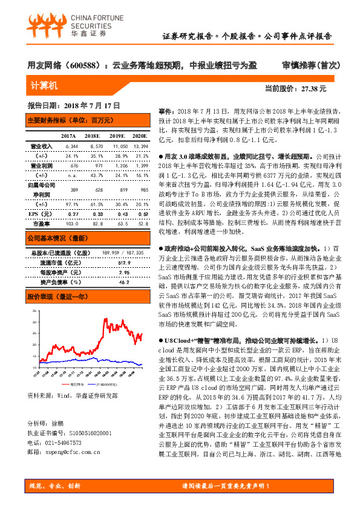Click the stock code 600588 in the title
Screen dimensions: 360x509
pos(85,65)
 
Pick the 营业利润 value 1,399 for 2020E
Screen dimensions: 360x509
pos(140,165)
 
